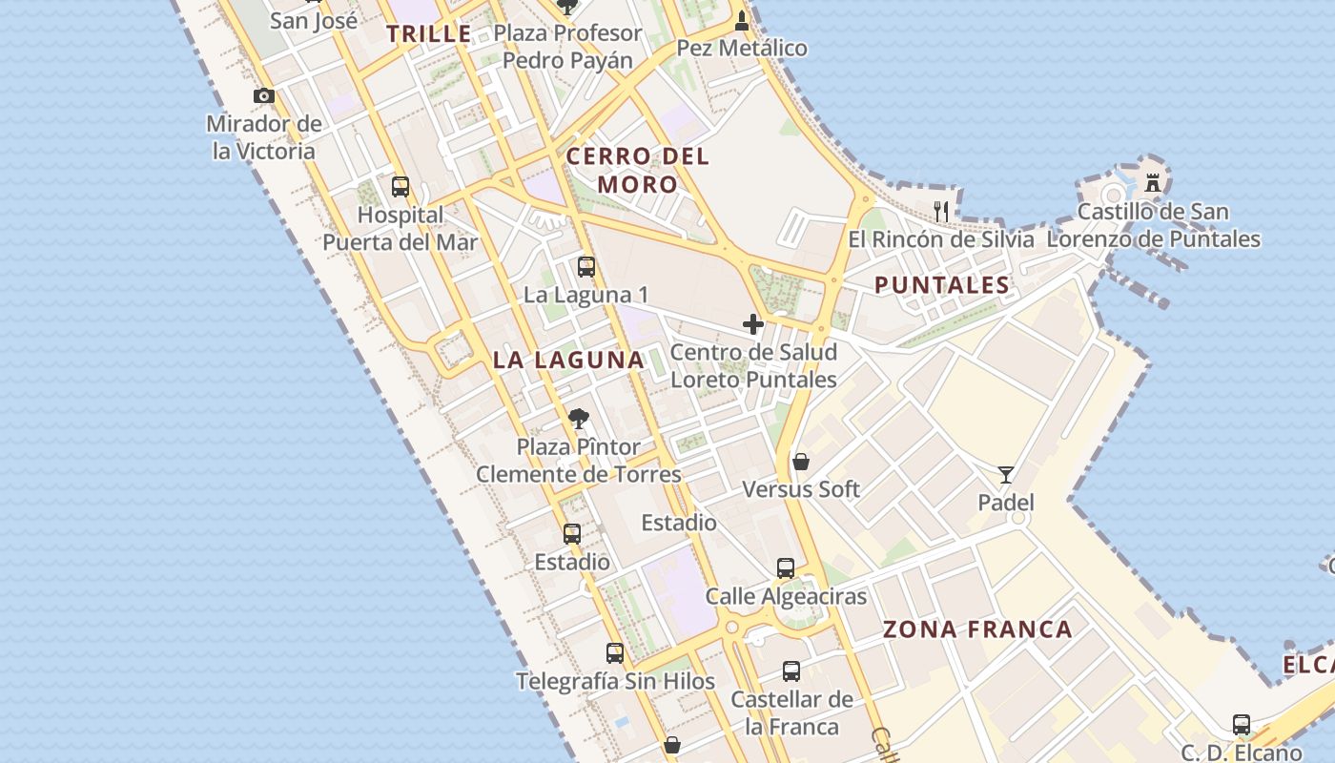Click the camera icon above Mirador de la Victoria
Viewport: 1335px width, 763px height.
click(x=264, y=95)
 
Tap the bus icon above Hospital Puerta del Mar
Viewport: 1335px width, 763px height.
click(x=400, y=186)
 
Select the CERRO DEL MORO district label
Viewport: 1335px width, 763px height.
click(x=638, y=170)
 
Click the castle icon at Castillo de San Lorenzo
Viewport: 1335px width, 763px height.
click(x=1153, y=182)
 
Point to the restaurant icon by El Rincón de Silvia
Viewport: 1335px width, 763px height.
click(x=942, y=211)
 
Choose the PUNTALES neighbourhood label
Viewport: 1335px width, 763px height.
click(x=942, y=285)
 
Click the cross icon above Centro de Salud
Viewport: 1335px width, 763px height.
click(x=753, y=324)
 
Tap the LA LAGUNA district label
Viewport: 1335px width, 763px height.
click(x=568, y=361)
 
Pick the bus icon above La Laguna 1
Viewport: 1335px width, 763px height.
click(x=586, y=267)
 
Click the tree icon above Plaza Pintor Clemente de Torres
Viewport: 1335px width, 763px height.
click(x=578, y=418)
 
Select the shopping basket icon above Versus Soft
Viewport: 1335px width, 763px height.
click(x=801, y=462)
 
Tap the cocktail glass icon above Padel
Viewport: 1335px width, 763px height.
click(x=1006, y=474)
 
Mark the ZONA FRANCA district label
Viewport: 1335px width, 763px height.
click(x=977, y=629)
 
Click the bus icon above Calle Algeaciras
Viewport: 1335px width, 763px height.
click(x=786, y=568)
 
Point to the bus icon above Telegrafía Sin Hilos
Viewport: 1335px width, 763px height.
click(x=615, y=653)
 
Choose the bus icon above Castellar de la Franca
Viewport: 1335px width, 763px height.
click(x=791, y=671)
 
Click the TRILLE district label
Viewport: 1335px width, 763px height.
click(x=429, y=34)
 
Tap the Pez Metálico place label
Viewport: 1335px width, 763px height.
click(x=742, y=48)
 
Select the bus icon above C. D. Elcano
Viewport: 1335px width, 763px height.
click(x=1242, y=725)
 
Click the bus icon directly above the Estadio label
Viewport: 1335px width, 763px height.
click(x=572, y=534)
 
